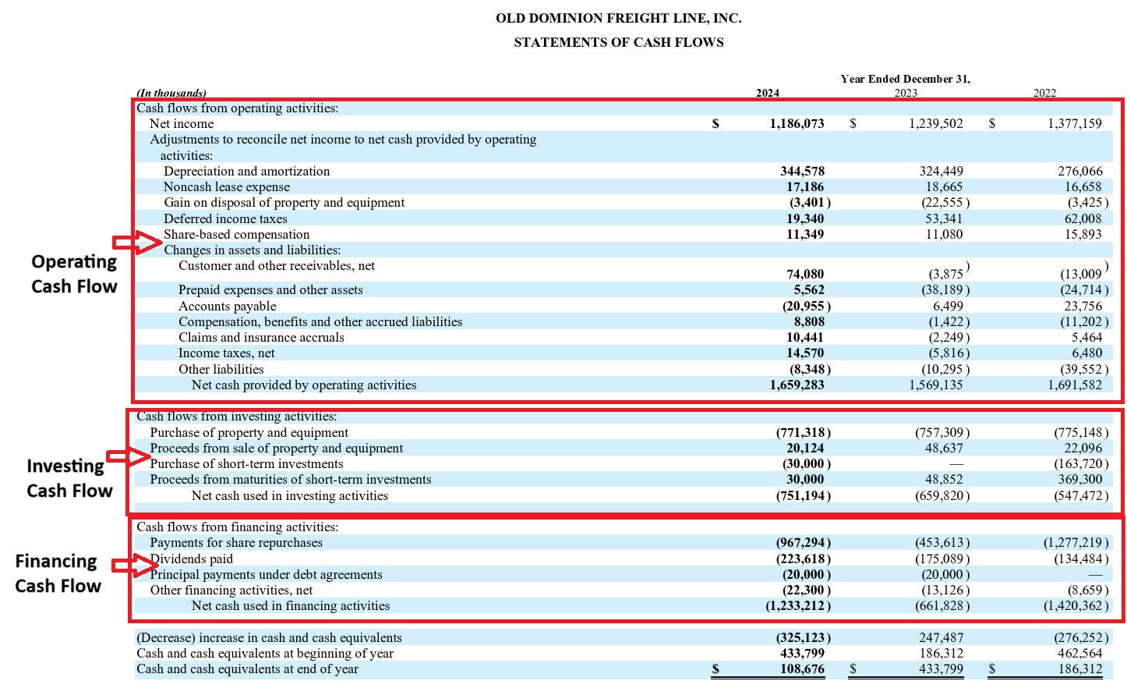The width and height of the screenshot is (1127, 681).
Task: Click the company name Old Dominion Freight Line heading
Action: [618, 18]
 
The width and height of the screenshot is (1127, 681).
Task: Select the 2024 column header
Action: [767, 93]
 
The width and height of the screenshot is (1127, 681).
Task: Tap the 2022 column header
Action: [1044, 93]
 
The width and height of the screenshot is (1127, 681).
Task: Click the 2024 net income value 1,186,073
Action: [797, 123]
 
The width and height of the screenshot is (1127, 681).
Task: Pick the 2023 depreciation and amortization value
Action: [941, 171]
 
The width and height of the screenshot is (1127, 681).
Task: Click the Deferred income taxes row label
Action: [225, 218]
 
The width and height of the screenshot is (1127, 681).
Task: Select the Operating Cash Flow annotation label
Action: [74, 274]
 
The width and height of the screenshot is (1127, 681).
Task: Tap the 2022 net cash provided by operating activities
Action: [1075, 385]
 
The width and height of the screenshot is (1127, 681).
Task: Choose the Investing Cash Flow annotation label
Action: [70, 478]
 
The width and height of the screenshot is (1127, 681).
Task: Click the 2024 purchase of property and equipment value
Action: [802, 432]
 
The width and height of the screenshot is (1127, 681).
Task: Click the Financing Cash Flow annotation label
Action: [58, 573]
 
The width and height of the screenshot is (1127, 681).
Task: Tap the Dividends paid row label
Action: [192, 559]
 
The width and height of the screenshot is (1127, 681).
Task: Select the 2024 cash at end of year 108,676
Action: [802, 669]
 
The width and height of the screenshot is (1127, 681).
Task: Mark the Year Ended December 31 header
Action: [905, 79]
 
